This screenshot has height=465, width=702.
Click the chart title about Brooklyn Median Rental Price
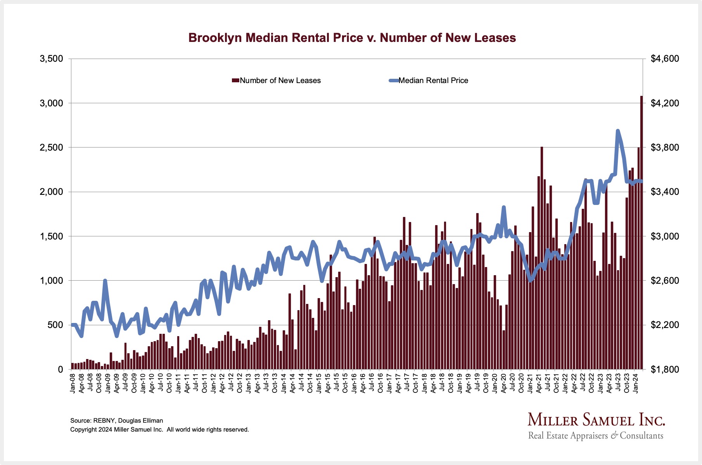pos(352,38)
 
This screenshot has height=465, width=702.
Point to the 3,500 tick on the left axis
pos(51,59)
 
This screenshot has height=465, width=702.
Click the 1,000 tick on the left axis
pos(51,281)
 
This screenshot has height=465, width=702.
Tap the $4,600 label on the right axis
pos(665,59)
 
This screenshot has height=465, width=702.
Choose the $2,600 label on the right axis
pos(665,281)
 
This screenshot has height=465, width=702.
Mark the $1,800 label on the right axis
pos(665,370)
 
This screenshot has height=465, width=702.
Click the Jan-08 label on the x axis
pos(73,382)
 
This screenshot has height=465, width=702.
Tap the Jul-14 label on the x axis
pos(302,382)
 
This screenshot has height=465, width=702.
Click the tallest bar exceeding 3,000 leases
pos(641,233)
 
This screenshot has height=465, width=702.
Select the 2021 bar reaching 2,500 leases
pos(542,256)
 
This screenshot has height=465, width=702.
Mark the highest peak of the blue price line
pos(618,131)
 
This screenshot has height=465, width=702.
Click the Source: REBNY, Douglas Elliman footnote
pos(116,421)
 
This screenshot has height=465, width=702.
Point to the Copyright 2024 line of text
pos(159,430)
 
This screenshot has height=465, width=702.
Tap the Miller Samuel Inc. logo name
pos(596,420)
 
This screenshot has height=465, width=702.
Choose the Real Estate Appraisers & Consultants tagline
pos(596,436)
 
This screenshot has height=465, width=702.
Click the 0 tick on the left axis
pos(60,370)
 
